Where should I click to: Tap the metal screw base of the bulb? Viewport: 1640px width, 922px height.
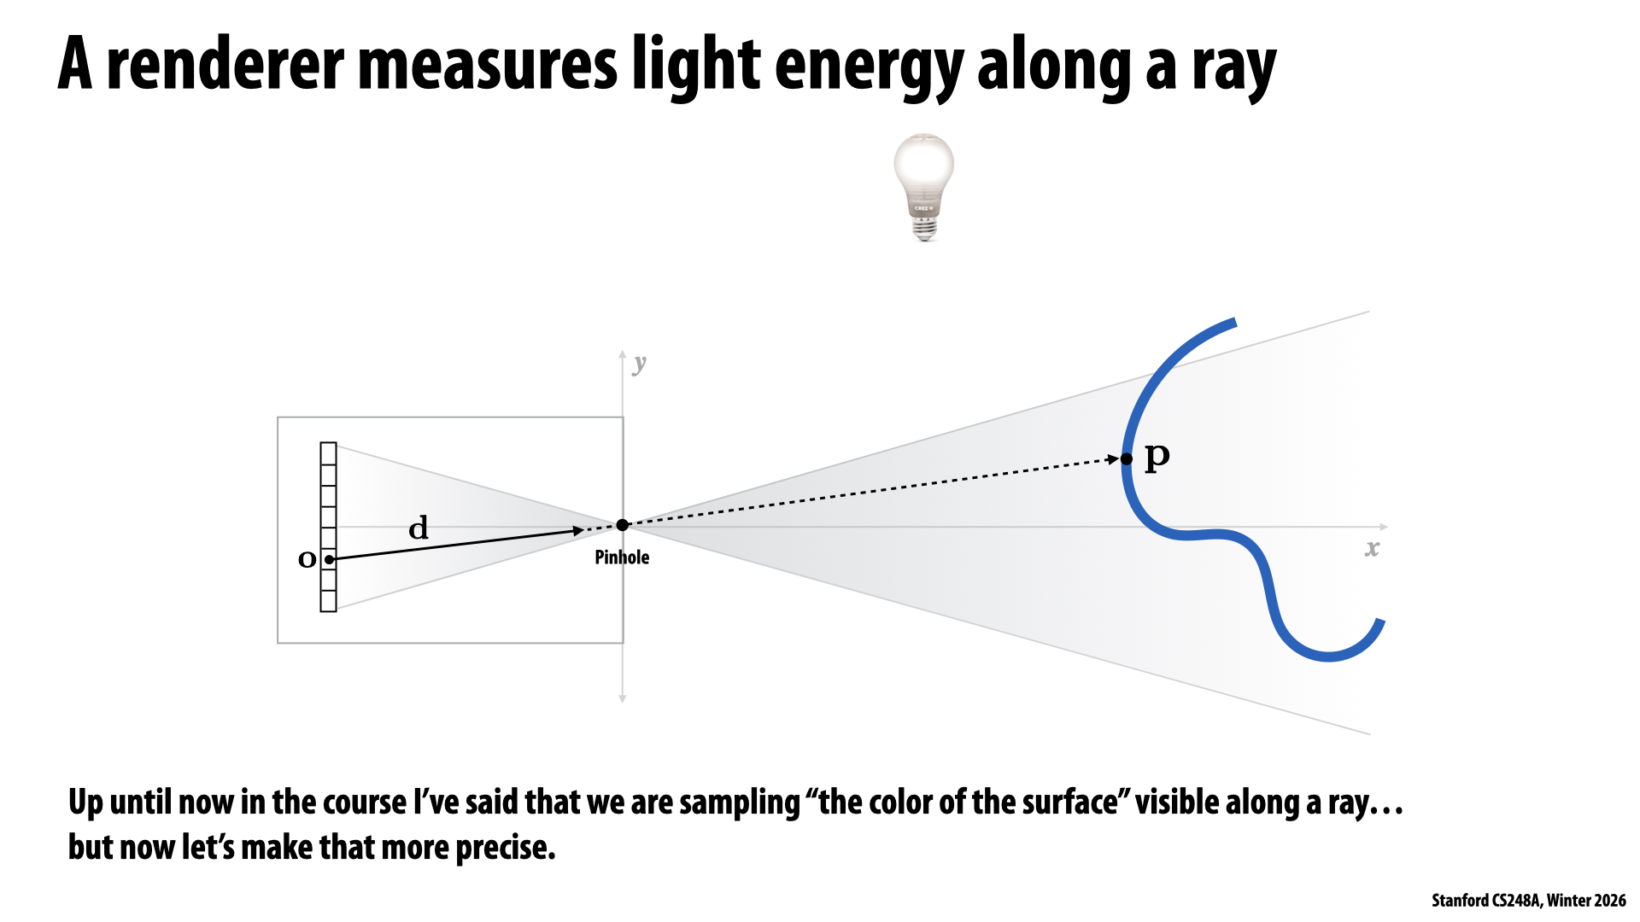[924, 228]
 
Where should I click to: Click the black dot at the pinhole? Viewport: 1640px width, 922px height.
[623, 525]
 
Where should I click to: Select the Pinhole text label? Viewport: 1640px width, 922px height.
[622, 557]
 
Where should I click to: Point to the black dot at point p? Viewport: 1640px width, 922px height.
[1127, 459]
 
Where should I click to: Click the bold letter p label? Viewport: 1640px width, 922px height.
[1157, 457]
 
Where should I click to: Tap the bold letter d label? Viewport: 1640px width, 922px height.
[419, 528]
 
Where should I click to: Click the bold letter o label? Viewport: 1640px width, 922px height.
[307, 559]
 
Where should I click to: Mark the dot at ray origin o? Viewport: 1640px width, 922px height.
[329, 559]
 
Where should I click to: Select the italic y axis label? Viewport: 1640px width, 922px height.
[640, 365]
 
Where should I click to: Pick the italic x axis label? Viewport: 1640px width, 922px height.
[1372, 549]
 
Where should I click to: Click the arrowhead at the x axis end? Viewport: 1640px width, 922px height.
[1383, 527]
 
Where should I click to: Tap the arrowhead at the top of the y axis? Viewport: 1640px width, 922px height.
[623, 354]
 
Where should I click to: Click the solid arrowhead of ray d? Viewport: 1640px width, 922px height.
[578, 531]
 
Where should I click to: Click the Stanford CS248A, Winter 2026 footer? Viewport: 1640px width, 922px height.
[1528, 901]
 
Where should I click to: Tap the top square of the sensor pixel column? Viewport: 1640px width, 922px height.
[329, 453]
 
